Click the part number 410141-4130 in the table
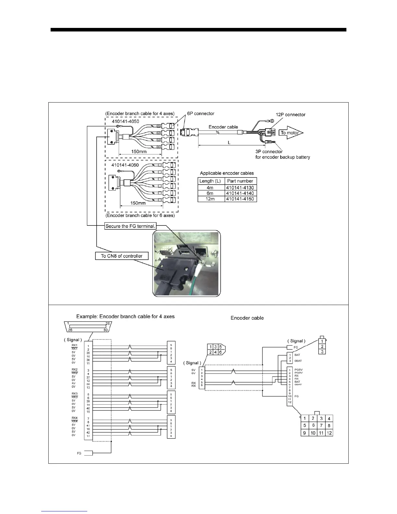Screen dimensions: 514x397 pyautogui.click(x=240, y=188)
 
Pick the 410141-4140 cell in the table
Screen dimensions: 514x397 pyautogui.click(x=240, y=193)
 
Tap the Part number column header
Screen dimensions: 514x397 pyautogui.click(x=240, y=181)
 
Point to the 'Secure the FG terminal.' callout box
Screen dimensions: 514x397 pyautogui.click(x=131, y=226)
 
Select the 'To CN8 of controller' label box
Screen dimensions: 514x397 pyautogui.click(x=122, y=256)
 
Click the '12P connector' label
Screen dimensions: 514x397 pyautogui.click(x=290, y=115)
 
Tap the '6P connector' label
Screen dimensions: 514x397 pyautogui.click(x=200, y=114)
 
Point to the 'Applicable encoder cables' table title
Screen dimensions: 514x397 pyautogui.click(x=227, y=173)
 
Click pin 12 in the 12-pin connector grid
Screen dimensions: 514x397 pyautogui.click(x=329, y=433)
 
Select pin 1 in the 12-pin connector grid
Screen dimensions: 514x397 pyautogui.click(x=305, y=419)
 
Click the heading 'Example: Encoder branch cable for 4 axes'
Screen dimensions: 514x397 pyautogui.click(x=125, y=316)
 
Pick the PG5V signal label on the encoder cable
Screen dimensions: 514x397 pyautogui.click(x=298, y=370)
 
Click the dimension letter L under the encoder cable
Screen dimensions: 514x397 pyautogui.click(x=229, y=143)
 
